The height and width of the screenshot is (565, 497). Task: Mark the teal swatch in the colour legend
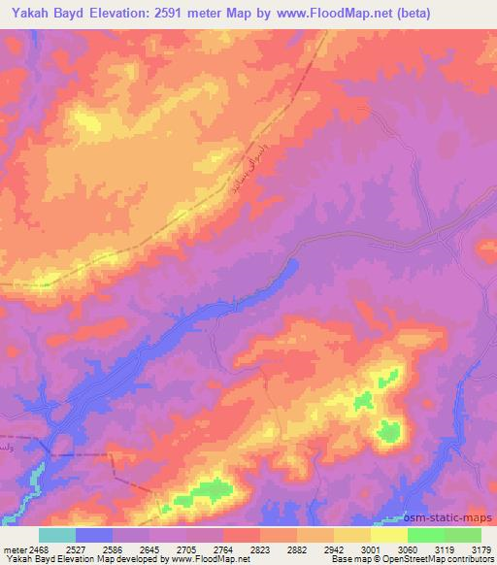click(x=56, y=535)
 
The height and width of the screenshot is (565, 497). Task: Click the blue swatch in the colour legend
click(x=93, y=535)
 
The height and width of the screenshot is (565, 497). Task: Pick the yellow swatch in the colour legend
click(x=388, y=535)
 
